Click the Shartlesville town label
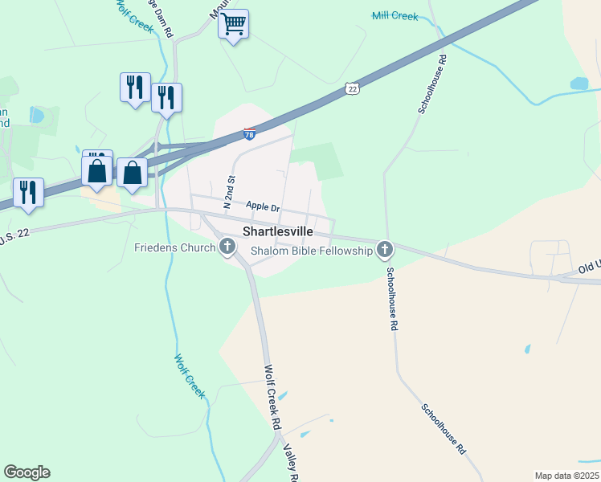tap(278, 231)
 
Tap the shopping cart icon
tap(233, 24)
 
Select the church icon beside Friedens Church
tap(227, 247)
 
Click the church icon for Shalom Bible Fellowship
tap(385, 250)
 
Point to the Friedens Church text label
tap(174, 247)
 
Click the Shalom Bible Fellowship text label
tap(312, 251)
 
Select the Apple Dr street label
tap(263, 207)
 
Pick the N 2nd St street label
tap(229, 192)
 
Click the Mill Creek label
tap(395, 15)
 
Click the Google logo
tap(27, 472)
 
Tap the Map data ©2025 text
tap(566, 476)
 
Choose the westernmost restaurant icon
tap(28, 192)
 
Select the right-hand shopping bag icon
tap(132, 172)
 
